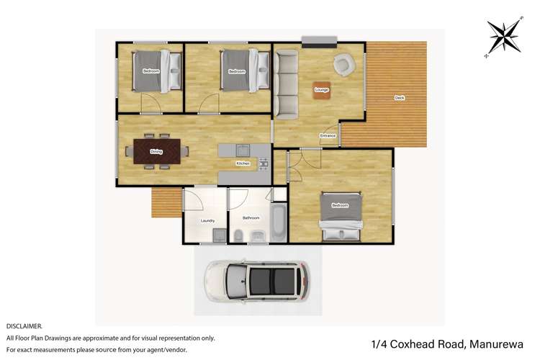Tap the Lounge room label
322,90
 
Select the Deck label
399,98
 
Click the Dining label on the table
156,152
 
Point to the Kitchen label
243,163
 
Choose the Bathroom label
251,217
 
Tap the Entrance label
328,135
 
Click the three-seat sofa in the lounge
287,85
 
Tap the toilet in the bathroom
238,235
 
